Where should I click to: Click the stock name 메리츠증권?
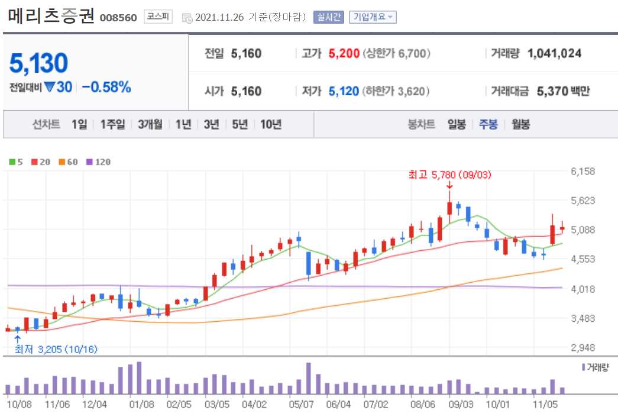click(51, 16)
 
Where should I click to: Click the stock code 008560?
click(118, 18)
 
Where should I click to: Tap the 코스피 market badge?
click(158, 17)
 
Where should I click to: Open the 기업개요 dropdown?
click(373, 17)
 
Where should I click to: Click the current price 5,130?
click(39, 63)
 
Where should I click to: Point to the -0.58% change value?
click(106, 87)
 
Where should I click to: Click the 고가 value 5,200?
click(344, 53)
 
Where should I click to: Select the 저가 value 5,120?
click(344, 91)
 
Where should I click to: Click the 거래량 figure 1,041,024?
click(554, 53)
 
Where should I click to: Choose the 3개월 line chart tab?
click(150, 124)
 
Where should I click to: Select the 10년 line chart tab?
click(271, 124)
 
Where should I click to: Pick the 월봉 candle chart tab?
click(520, 124)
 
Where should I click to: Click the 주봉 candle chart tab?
click(488, 124)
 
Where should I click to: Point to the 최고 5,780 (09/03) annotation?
click(449, 175)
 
